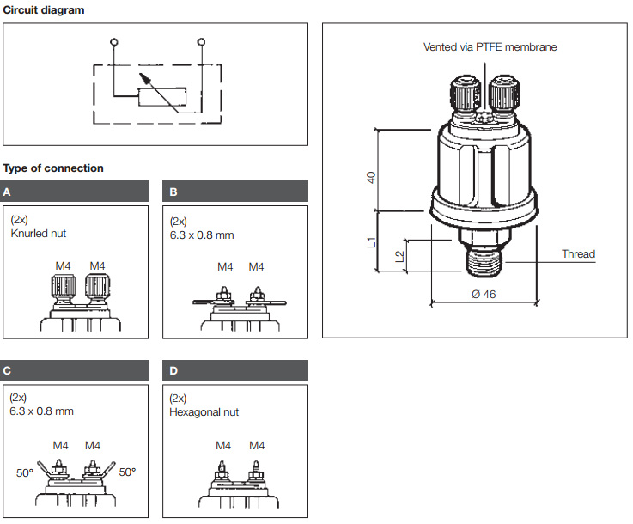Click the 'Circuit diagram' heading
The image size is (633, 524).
pyautogui.click(x=44, y=9)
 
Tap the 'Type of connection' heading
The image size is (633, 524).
pyautogui.click(x=53, y=168)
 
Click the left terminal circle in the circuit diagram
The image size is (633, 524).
pyautogui.click(x=114, y=41)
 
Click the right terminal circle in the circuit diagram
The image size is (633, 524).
pyautogui.click(x=201, y=41)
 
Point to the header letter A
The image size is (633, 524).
pyautogui.click(x=8, y=192)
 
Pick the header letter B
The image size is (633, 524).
pyautogui.click(x=173, y=192)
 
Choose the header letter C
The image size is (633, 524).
pyautogui.click(x=8, y=371)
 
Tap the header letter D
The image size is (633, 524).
pyautogui.click(x=173, y=371)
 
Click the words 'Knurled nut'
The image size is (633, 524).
pyautogui.click(x=39, y=233)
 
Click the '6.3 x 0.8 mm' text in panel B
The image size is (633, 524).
pyautogui.click(x=202, y=235)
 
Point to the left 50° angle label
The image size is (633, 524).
pyautogui.click(x=25, y=472)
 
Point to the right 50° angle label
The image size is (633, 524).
pyautogui.click(x=127, y=472)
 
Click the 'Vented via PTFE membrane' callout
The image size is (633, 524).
pyautogui.click(x=490, y=47)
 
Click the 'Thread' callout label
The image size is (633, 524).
pyautogui.click(x=578, y=254)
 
